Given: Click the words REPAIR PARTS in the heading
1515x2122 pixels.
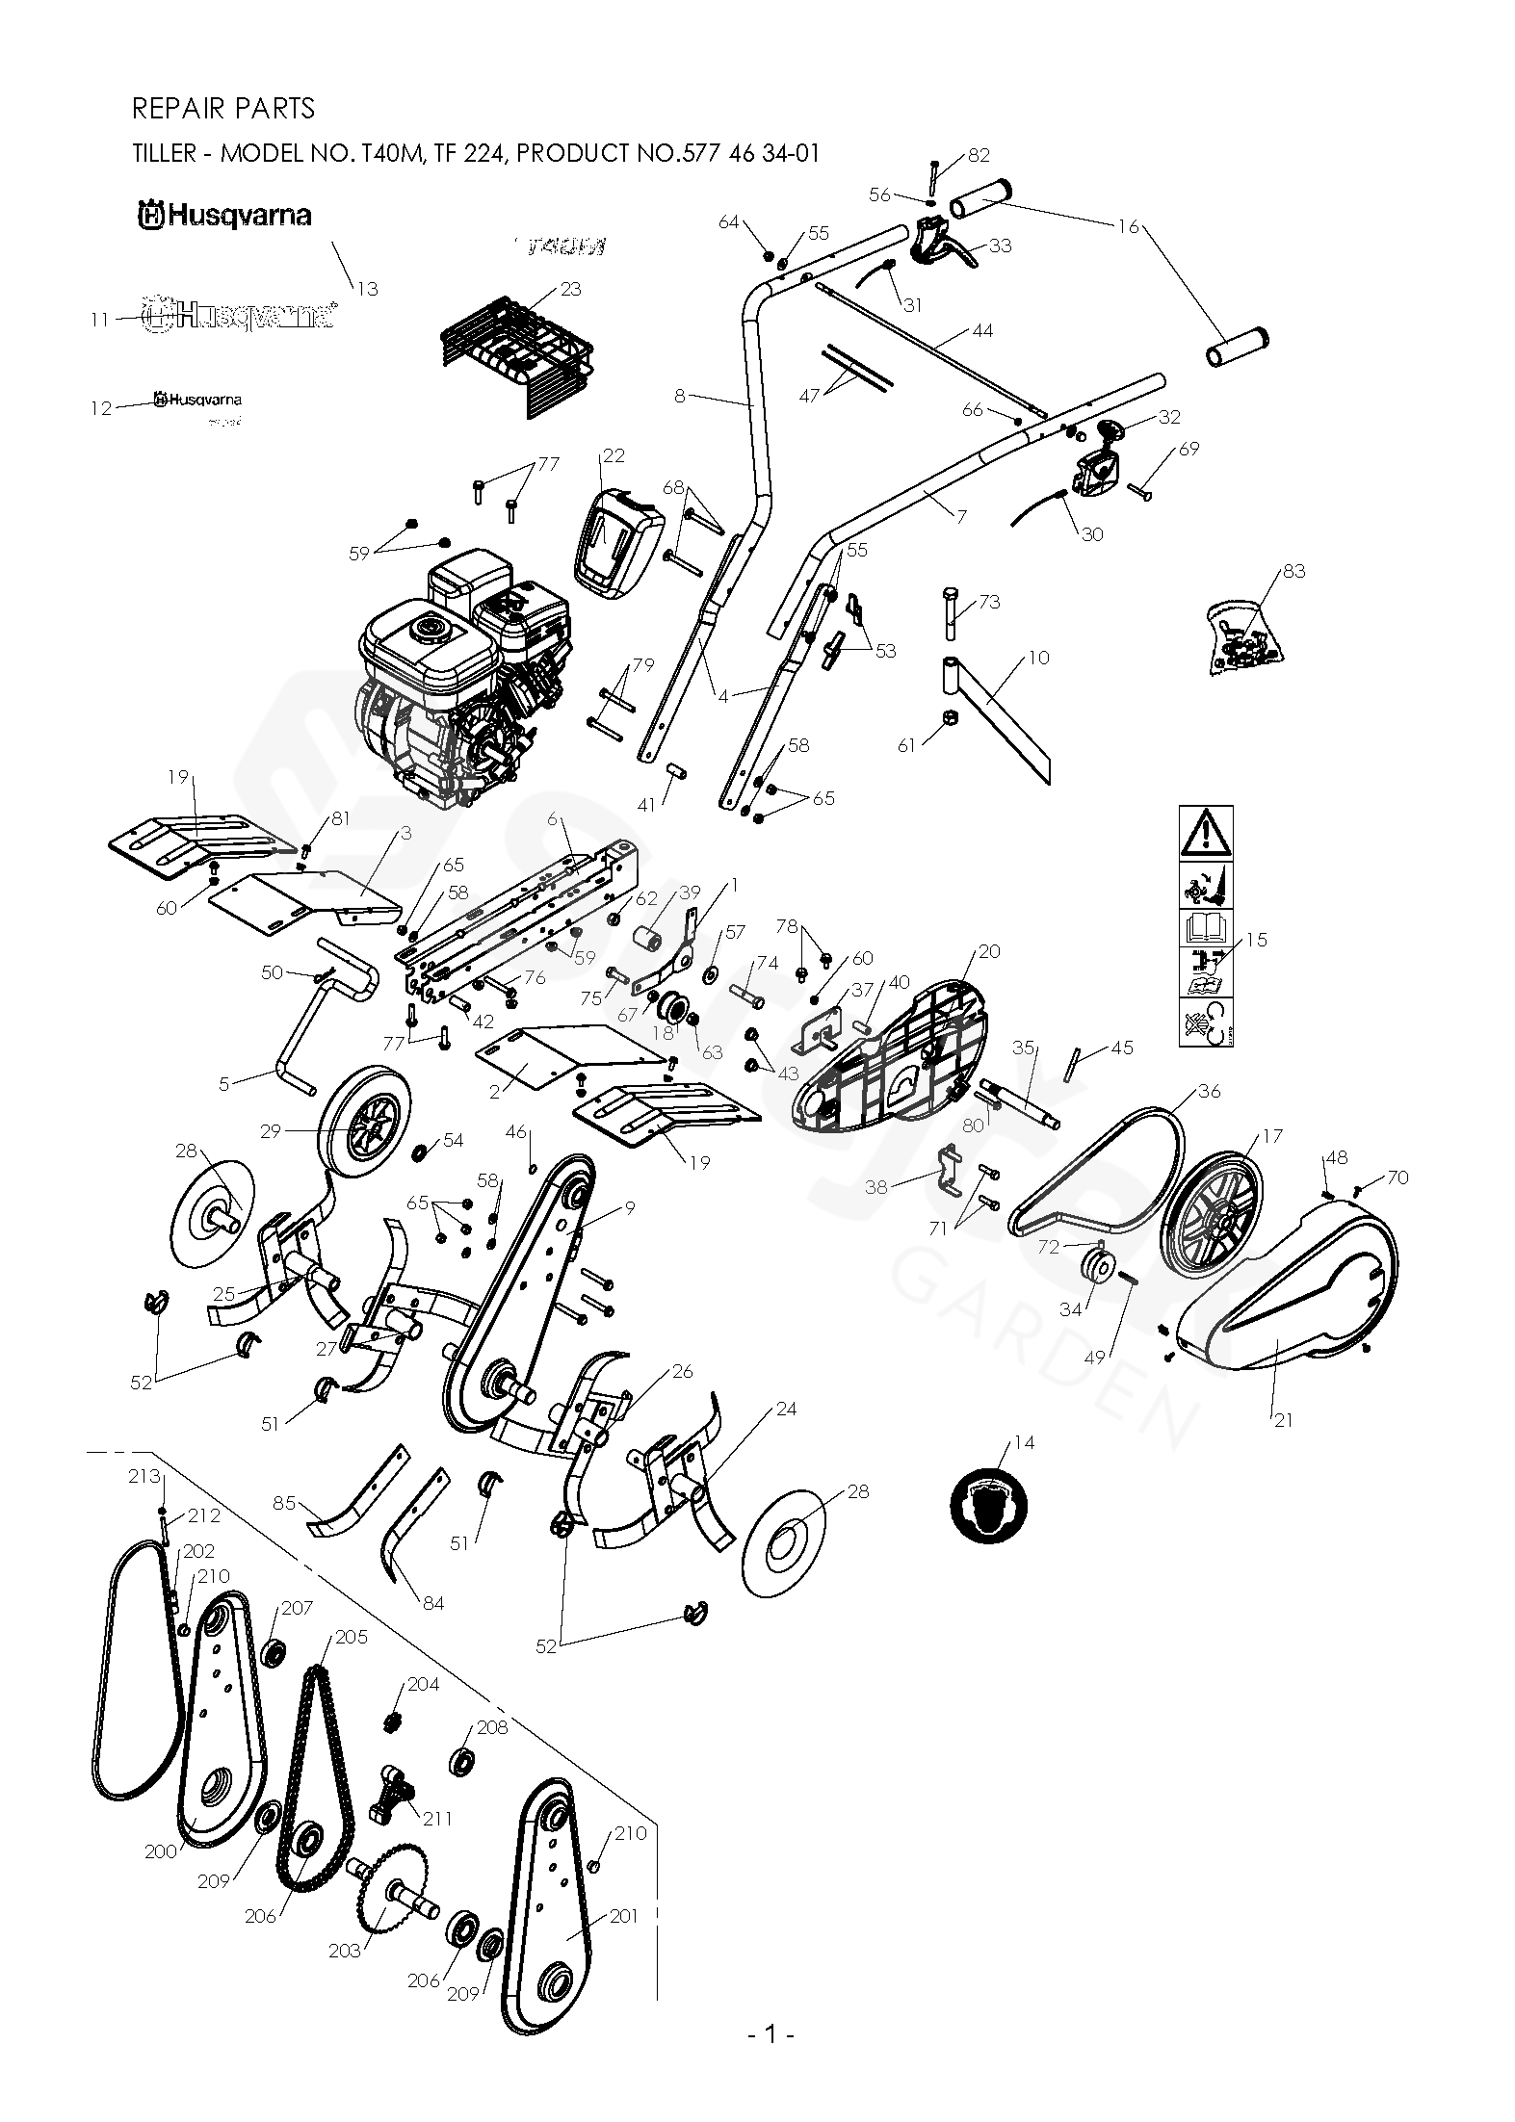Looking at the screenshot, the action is tap(223, 109).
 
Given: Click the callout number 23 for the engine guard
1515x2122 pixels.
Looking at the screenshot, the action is tap(570, 289).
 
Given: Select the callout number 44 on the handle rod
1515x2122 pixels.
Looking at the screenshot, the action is tap(982, 331).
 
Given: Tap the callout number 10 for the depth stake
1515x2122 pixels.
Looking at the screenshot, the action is tap(1038, 659).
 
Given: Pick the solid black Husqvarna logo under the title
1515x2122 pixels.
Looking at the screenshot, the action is tap(224, 215).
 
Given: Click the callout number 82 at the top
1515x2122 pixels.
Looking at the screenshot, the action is tap(979, 155).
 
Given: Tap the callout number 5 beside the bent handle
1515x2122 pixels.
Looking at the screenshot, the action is tap(224, 1084).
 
